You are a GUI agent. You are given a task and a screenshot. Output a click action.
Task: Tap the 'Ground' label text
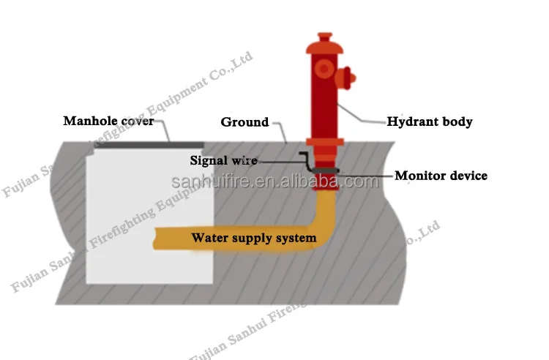[244, 122]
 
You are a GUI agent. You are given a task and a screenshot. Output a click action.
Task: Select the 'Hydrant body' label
[429, 121]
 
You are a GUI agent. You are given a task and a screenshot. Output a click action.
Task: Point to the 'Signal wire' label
[223, 160]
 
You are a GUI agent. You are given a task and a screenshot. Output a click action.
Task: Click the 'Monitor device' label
[441, 176]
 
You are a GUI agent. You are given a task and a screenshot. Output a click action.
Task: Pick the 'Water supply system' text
[254, 238]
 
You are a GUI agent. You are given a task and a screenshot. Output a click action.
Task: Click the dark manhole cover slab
[149, 144]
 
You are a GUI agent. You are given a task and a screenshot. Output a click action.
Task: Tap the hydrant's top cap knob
[324, 37]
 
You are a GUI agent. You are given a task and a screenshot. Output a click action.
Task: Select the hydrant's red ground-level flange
[324, 140]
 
